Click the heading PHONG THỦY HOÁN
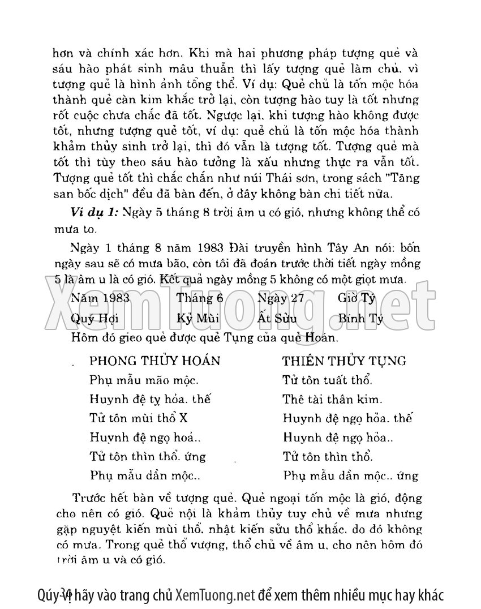(154, 361)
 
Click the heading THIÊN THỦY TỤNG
(344, 361)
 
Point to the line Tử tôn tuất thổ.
(327, 380)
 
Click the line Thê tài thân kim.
(333, 400)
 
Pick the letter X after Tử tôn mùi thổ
(183, 418)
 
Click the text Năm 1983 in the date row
(100, 298)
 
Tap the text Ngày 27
(281, 298)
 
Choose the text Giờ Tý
(357, 298)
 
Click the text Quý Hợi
(95, 318)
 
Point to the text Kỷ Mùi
(198, 318)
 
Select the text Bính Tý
(361, 318)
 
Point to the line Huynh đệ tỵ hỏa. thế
(150, 400)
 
